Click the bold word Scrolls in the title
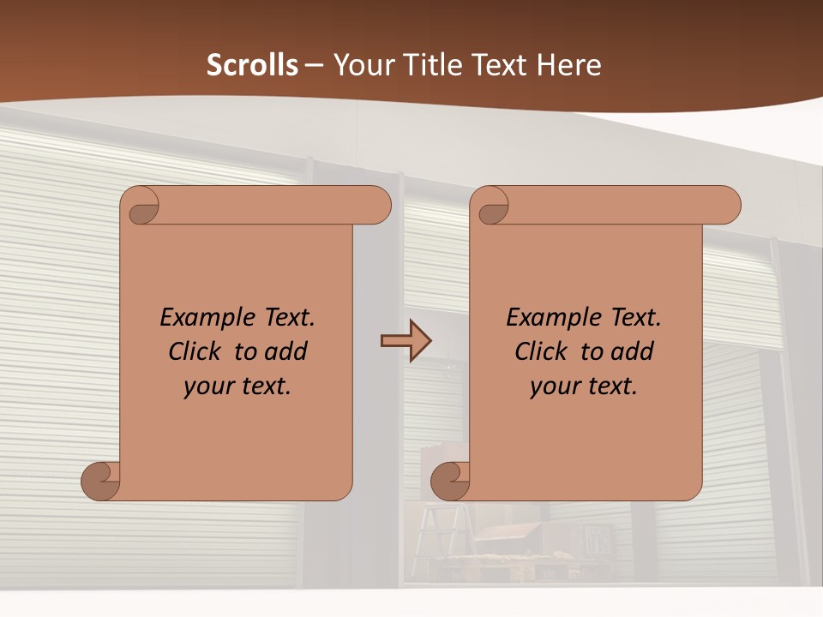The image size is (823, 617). (x=252, y=65)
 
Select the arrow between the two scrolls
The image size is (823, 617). (x=405, y=341)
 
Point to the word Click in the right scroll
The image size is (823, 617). (x=543, y=351)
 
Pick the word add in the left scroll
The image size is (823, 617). (x=286, y=351)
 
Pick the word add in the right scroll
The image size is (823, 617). (x=633, y=351)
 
